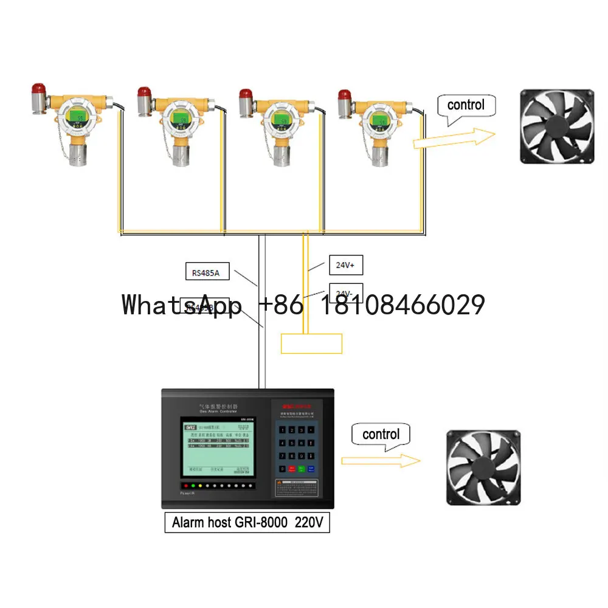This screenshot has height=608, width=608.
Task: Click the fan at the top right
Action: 556,126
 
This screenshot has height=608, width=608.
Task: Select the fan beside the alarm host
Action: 483,468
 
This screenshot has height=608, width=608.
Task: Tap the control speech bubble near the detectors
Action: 466,106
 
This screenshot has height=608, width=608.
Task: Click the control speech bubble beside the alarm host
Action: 381,435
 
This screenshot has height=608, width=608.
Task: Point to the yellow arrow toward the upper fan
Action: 454,139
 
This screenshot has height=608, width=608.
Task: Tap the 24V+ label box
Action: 346,264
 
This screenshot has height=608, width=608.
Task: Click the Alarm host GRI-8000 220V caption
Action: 247,522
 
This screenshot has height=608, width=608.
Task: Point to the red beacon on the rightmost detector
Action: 345,94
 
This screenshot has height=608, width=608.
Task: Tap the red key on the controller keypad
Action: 291,469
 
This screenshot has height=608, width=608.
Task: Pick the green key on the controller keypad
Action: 301,469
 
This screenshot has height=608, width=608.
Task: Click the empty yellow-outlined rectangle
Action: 311,344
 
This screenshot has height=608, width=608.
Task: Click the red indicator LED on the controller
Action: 185,486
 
